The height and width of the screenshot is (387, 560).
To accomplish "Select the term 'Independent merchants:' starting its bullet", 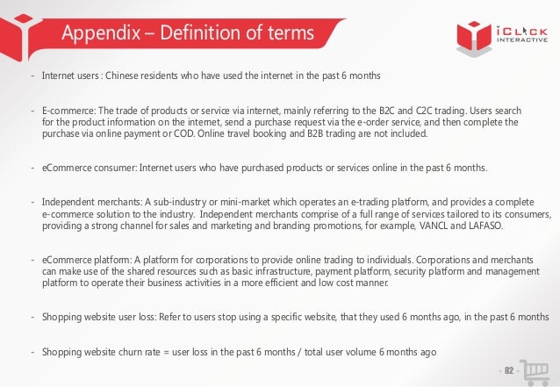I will [87, 201].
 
